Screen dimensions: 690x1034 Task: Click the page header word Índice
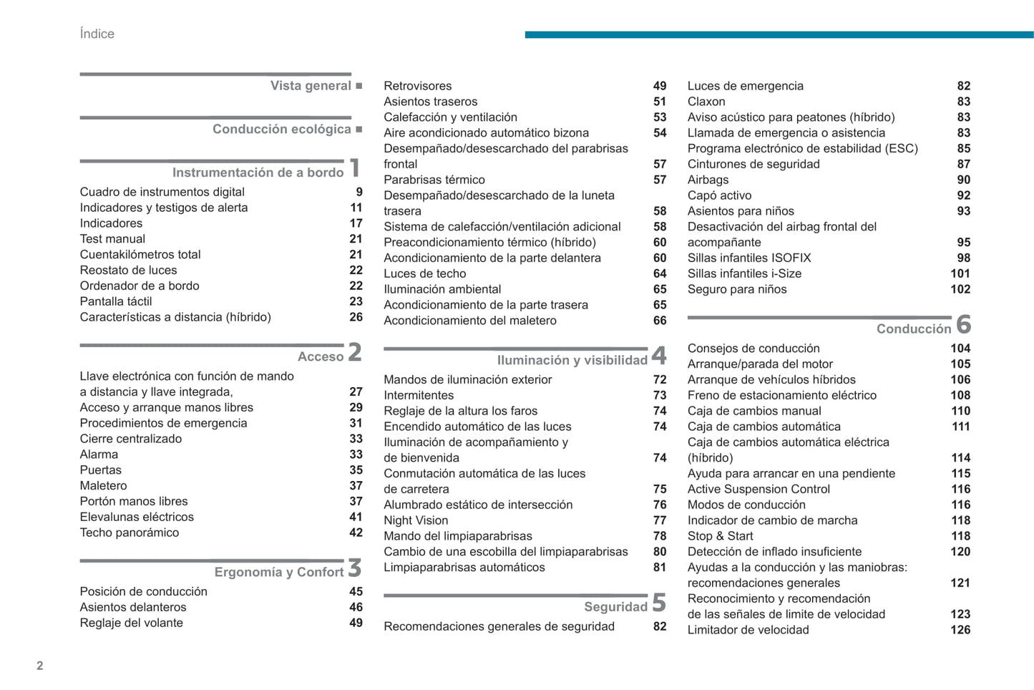pyautogui.click(x=97, y=34)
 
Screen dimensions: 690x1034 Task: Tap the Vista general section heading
pyautogui.click(x=311, y=86)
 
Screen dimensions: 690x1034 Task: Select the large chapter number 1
pyautogui.click(x=354, y=169)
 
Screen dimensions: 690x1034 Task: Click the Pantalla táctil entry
pyautogui.click(x=116, y=301)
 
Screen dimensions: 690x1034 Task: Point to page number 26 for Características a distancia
pyautogui.click(x=356, y=317)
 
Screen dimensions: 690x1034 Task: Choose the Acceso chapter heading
pyautogui.click(x=321, y=356)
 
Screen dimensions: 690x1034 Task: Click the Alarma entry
pyautogui.click(x=99, y=455)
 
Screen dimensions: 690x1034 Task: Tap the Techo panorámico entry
pyautogui.click(x=130, y=533)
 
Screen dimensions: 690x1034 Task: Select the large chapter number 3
pyautogui.click(x=354, y=568)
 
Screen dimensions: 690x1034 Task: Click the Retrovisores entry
pyautogui.click(x=418, y=86)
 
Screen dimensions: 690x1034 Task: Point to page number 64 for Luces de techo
pyautogui.click(x=660, y=273)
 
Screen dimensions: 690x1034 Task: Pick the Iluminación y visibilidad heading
pyautogui.click(x=572, y=360)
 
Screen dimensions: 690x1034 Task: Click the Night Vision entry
pyautogui.click(x=416, y=520)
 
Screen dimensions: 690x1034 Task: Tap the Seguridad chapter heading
pyautogui.click(x=615, y=607)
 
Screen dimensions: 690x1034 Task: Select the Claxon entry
pyautogui.click(x=706, y=102)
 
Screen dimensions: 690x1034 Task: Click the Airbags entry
pyautogui.click(x=708, y=180)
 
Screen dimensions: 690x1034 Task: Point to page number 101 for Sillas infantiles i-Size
pyautogui.click(x=960, y=273)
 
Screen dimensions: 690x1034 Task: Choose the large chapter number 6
pyautogui.click(x=963, y=325)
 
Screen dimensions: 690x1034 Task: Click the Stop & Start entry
pyautogui.click(x=720, y=536)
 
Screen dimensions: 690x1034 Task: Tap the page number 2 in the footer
pyautogui.click(x=40, y=666)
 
